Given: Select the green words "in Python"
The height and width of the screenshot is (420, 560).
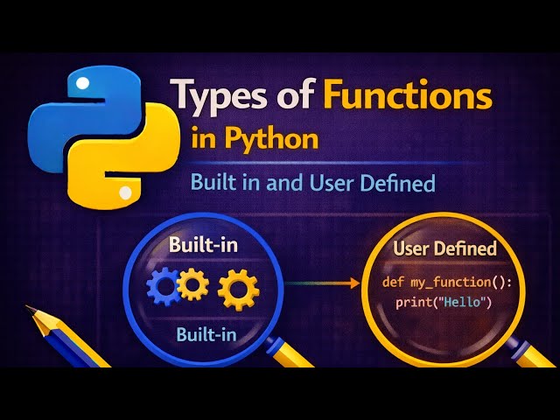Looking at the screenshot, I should pyautogui.click(x=255, y=138).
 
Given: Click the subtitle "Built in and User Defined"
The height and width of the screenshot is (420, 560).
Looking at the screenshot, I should pyautogui.click(x=311, y=184).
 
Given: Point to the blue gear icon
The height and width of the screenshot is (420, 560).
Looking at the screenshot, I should pyautogui.click(x=164, y=285).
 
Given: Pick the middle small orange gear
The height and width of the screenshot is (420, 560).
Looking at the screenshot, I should pyautogui.click(x=192, y=283).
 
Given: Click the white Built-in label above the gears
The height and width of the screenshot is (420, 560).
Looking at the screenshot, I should pyautogui.click(x=203, y=245).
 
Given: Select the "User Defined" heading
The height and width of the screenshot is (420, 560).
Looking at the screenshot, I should pyautogui.click(x=444, y=248).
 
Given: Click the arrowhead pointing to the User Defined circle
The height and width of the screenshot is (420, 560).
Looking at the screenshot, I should pyautogui.click(x=355, y=283).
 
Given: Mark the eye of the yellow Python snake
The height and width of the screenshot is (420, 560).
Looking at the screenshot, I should pyautogui.click(x=126, y=191).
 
